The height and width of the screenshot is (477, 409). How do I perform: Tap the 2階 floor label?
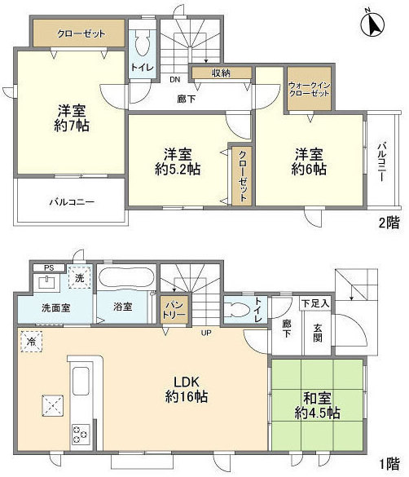coord(389,223)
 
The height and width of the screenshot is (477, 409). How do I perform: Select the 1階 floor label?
coord(389,464)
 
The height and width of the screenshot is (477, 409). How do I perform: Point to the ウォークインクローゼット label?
coord(309,89)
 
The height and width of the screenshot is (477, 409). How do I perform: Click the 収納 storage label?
coord(222,73)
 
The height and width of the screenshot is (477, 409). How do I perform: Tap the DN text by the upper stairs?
coord(174,80)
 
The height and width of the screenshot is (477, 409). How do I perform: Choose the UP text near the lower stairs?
coord(205,333)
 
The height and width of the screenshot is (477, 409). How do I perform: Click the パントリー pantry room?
coord(174,310)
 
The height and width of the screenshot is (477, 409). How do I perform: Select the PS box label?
coord(49,268)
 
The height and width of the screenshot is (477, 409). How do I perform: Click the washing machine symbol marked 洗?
coord(80,277)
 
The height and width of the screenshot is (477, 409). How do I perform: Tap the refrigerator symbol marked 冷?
coord(31,342)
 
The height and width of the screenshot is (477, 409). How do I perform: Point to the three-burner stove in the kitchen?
coord(81,434)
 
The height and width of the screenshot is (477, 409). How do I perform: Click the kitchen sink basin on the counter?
coord(81,381)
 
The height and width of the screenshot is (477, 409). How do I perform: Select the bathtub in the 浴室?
coord(126,277)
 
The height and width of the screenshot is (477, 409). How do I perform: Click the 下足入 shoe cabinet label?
coord(315,303)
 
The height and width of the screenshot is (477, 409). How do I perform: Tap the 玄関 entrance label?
coord(318,333)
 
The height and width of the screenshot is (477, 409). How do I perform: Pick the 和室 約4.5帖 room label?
coord(317,406)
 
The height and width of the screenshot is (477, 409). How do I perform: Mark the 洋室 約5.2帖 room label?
coord(178,161)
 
